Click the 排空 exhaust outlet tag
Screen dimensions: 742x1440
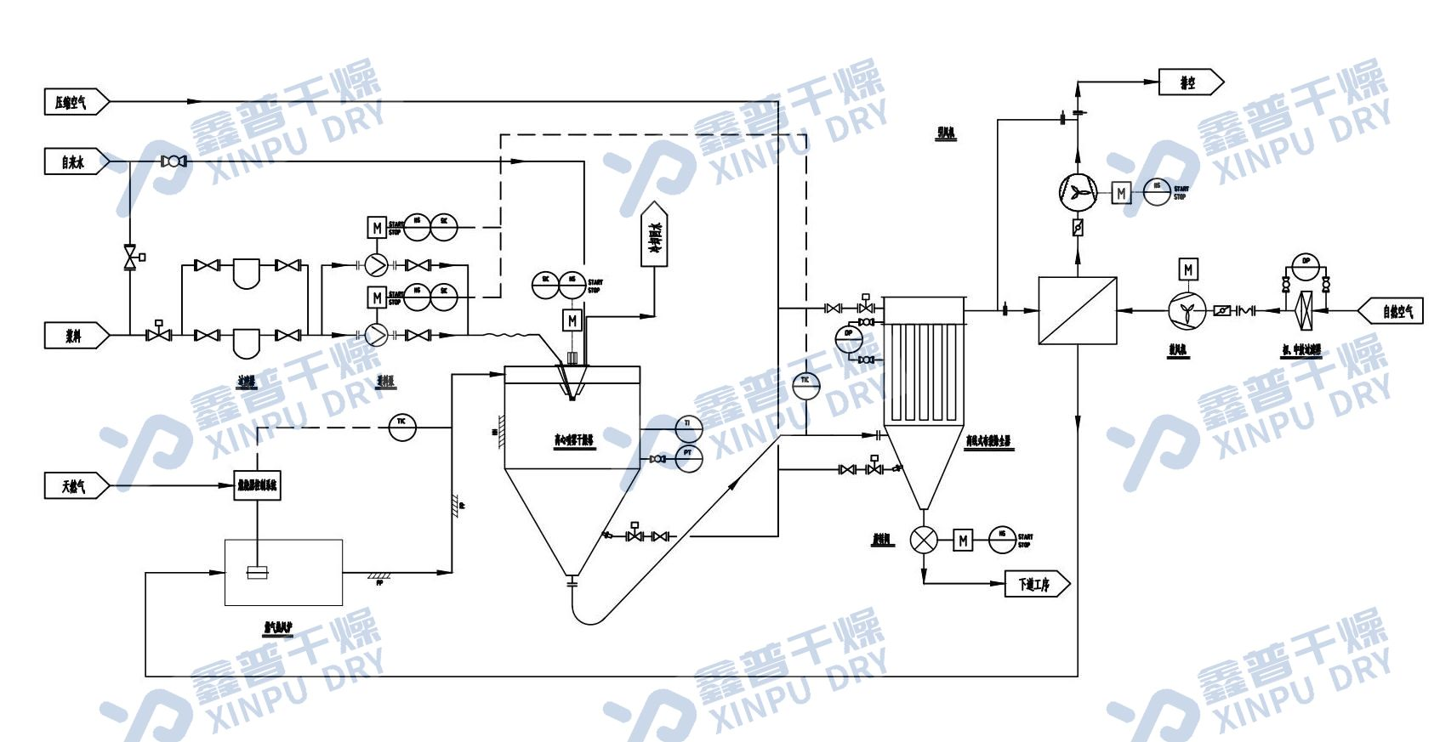pos(1190,82)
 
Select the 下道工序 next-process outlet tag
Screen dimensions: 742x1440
pos(1036,584)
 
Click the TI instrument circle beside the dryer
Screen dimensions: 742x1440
pos(688,424)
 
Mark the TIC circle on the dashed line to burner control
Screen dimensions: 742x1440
pos(402,427)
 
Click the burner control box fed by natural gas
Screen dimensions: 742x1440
pos(257,486)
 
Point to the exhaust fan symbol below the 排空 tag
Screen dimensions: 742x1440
pos(1079,193)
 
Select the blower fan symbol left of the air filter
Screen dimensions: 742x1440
pos(1187,311)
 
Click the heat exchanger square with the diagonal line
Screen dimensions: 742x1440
pos(1078,310)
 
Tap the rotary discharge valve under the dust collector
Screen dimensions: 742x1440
pos(924,540)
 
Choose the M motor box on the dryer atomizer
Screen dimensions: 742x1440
pos(572,320)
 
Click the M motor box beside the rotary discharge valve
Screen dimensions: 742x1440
pos(963,540)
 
